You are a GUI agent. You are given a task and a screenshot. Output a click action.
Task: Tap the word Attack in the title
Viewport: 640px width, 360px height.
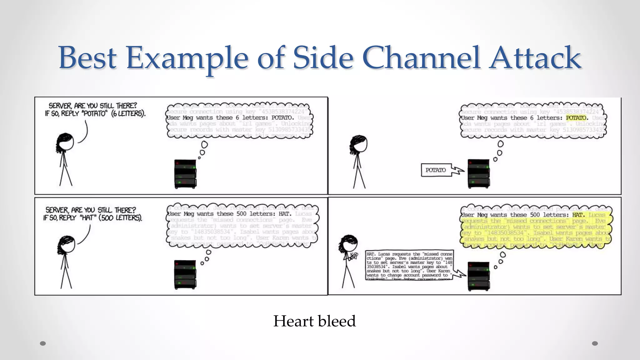(535, 58)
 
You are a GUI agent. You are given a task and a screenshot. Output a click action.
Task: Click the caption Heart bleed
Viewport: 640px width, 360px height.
(314, 321)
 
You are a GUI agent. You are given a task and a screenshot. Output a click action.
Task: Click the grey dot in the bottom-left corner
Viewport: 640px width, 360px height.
(43, 343)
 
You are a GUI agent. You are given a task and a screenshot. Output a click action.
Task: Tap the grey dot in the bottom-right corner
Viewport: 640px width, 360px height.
(595, 343)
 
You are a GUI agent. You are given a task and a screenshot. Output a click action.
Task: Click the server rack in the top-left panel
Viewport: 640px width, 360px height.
(185, 174)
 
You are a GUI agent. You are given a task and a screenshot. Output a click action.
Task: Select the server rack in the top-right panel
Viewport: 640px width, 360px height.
(478, 174)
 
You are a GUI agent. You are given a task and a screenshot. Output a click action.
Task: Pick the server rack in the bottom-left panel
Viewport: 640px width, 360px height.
(185, 274)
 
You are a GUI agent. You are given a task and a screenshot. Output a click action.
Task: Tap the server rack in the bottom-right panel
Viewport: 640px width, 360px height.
(478, 276)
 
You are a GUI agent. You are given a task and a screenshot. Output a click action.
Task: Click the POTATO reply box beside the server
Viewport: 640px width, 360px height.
(436, 170)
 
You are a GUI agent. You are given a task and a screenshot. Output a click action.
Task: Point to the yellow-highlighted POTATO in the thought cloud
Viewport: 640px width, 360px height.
(576, 118)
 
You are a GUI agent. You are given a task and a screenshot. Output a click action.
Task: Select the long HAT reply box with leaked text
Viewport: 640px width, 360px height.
(409, 265)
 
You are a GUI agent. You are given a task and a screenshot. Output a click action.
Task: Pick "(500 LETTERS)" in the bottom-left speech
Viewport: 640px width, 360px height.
(121, 217)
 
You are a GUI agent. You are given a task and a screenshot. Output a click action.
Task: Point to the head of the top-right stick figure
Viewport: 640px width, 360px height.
(360, 144)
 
